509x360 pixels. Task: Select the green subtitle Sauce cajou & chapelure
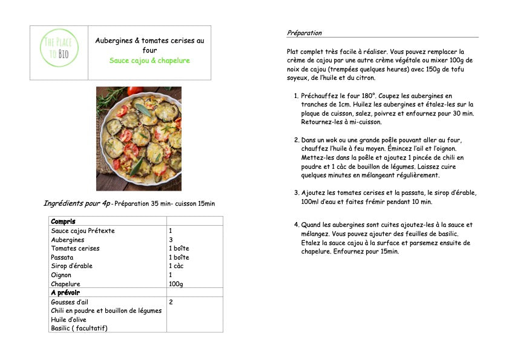(149, 61)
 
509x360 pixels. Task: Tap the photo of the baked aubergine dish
(139, 139)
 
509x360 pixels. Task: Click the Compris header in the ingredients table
(63, 221)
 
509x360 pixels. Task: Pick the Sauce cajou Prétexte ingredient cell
(83, 231)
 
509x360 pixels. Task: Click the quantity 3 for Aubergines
(171, 240)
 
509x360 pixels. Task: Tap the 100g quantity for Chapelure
(176, 284)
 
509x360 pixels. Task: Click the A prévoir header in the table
(65, 293)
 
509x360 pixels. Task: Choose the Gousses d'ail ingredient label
(70, 301)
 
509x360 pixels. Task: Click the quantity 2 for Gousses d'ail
(171, 301)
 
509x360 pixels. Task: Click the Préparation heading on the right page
(304, 33)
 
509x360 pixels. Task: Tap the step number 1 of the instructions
(295, 96)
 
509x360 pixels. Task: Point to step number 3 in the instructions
(295, 193)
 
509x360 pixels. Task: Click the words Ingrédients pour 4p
(77, 203)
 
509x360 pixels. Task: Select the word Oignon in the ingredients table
(61, 275)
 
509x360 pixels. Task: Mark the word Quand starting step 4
(311, 224)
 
